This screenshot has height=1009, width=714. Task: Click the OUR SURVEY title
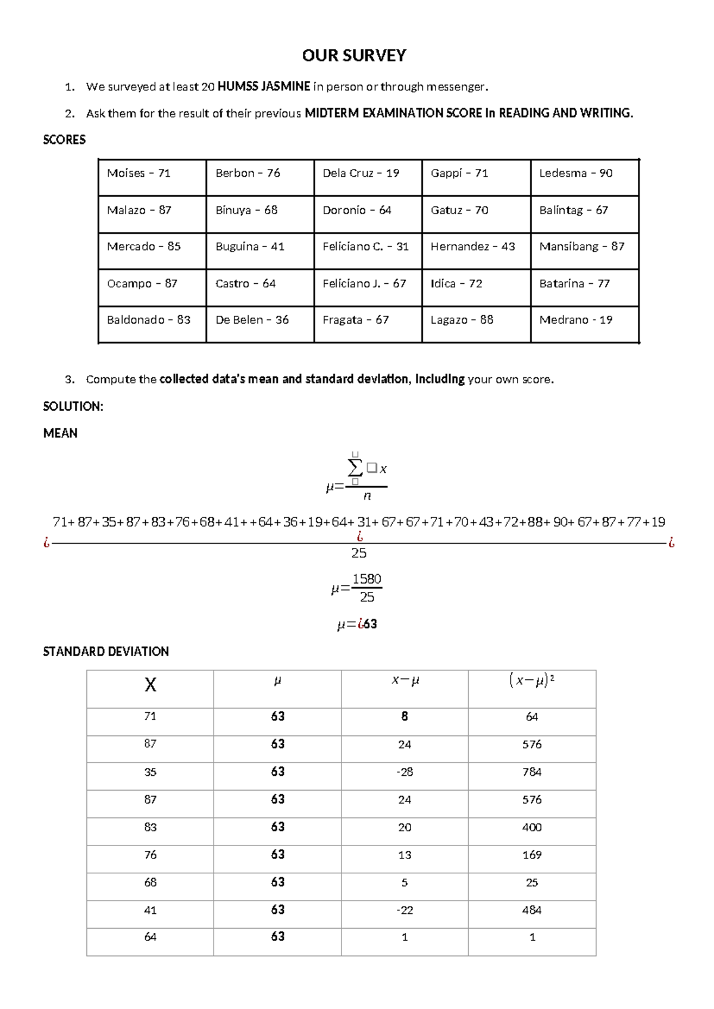click(x=354, y=55)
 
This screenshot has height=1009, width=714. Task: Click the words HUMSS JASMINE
click(x=264, y=86)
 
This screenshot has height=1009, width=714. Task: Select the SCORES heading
click(x=64, y=140)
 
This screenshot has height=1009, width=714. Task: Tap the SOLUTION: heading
click(x=73, y=406)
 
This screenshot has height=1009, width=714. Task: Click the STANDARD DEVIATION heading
click(x=106, y=651)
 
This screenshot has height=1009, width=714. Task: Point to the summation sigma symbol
click(x=355, y=467)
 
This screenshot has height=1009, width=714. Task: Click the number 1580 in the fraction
click(x=367, y=579)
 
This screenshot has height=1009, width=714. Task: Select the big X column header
click(x=151, y=685)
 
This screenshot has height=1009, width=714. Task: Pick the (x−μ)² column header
click(x=531, y=680)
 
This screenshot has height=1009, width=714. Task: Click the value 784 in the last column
click(x=531, y=772)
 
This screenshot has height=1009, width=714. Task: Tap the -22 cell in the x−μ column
click(x=405, y=910)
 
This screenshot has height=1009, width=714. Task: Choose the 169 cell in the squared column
click(x=531, y=855)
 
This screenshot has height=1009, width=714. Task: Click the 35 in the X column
click(x=150, y=772)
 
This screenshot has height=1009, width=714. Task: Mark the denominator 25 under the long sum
click(x=359, y=553)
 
